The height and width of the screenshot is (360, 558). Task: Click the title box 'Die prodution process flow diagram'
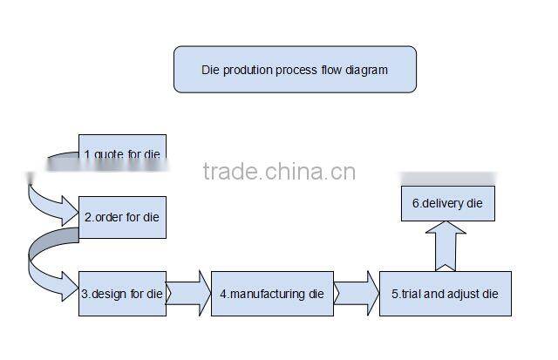pyautogui.click(x=295, y=69)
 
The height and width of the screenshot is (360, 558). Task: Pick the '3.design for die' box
pyautogui.click(x=122, y=294)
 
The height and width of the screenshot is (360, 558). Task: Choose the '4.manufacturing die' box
pyautogui.click(x=272, y=294)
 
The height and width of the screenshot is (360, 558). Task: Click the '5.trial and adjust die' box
pyautogui.click(x=445, y=294)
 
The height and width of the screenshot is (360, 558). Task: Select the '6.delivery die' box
pyautogui.click(x=447, y=203)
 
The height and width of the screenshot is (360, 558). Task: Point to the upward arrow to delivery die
pyautogui.click(x=446, y=247)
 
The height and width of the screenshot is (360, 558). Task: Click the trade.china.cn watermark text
pyautogui.click(x=278, y=171)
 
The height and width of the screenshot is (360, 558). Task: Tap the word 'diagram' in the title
pyautogui.click(x=366, y=69)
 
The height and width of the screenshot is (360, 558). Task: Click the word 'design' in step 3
pyautogui.click(x=110, y=294)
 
